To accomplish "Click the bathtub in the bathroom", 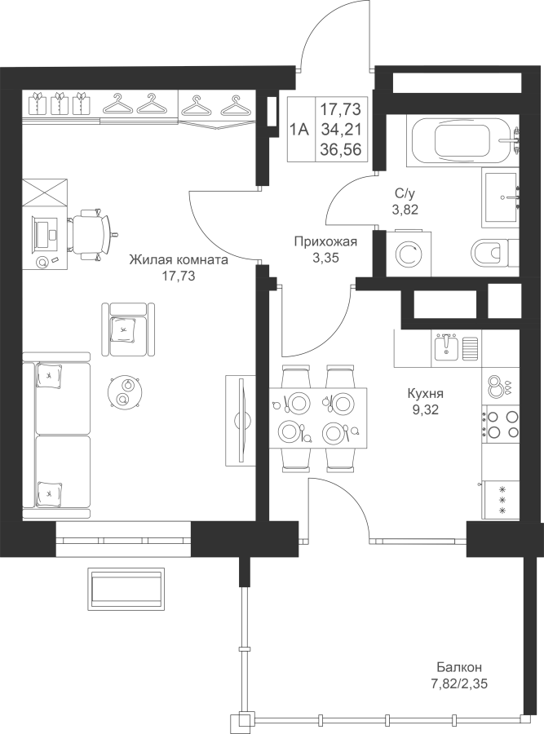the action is (460, 140).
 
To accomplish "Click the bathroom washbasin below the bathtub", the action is (501, 198).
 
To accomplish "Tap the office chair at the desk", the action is (91, 234).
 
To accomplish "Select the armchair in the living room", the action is (128, 329).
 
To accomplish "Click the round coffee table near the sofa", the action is (124, 391).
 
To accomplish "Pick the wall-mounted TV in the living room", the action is (241, 420).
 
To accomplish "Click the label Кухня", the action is (425, 393).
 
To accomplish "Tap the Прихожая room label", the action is (325, 241).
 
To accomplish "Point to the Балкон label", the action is (459, 666).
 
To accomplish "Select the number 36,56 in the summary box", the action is (340, 149).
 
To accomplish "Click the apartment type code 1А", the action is (299, 129).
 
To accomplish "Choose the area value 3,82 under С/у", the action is (405, 209).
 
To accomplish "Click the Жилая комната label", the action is (179, 259).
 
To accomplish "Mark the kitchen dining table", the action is (318, 417).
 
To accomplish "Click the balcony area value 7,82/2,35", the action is (459, 684).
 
